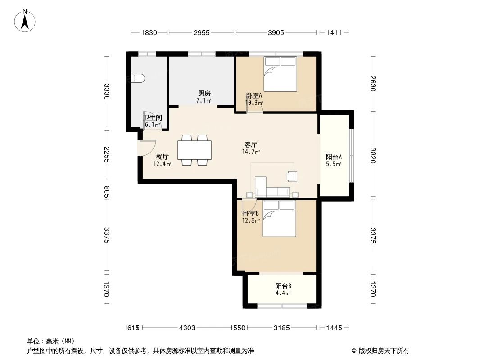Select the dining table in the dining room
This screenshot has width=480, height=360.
195,150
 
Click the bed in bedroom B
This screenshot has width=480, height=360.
280,218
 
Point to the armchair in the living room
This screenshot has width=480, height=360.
292,176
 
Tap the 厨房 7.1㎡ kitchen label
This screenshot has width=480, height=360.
204,97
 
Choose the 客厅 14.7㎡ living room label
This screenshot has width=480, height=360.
251,148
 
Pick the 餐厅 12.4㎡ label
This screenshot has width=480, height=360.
163,160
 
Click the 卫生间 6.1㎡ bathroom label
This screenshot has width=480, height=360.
152,121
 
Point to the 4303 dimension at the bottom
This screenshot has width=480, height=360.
187,328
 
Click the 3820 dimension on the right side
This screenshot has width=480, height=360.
373,155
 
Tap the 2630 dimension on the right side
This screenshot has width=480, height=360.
373,84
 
